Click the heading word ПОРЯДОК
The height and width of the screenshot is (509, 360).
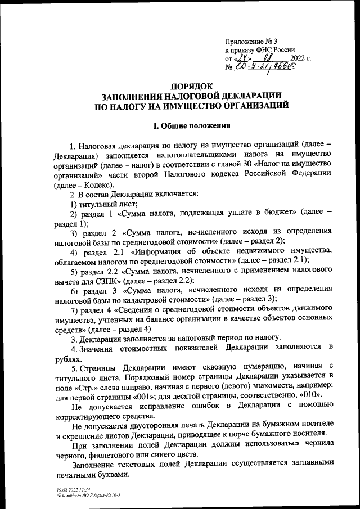[x=192, y=86]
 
